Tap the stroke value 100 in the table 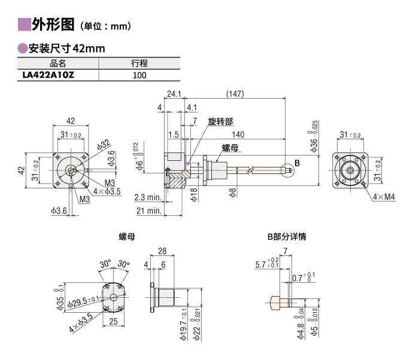139,75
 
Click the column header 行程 139,63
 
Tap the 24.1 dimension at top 174,93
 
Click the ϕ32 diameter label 103,145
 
